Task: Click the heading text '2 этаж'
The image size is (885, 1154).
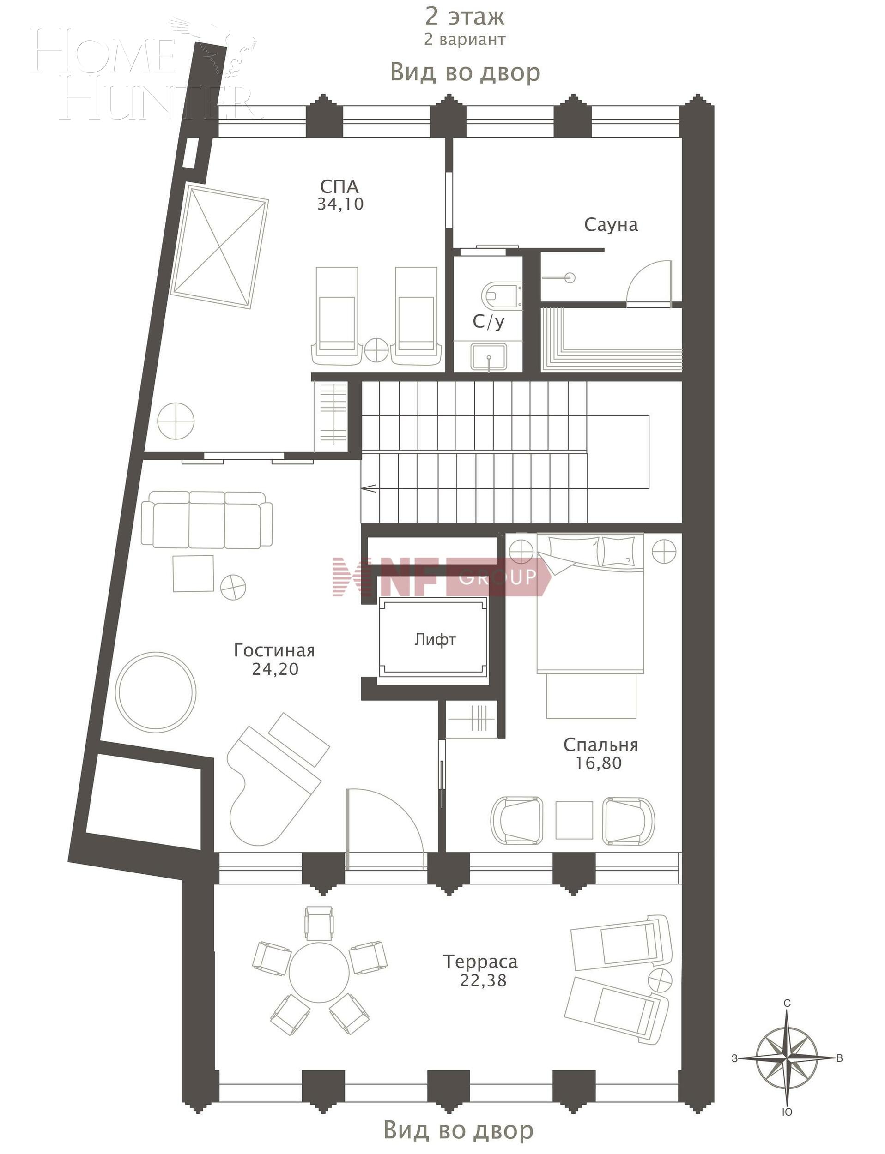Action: [x=465, y=16]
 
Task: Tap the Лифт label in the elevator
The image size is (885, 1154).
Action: [x=435, y=640]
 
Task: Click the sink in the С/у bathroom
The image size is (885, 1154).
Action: [x=489, y=356]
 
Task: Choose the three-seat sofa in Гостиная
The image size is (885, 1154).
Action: [x=207, y=520]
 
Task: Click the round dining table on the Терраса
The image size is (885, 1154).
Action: [x=319, y=974]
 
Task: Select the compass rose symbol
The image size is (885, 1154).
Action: [x=786, y=1058]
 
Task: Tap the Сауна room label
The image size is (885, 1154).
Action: [x=611, y=225]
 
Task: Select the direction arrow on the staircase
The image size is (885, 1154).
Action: [x=369, y=488]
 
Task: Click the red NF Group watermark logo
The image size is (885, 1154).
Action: [x=440, y=577]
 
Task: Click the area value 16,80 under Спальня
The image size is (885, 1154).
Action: [x=599, y=763]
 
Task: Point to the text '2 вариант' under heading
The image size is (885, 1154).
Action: [x=465, y=40]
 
